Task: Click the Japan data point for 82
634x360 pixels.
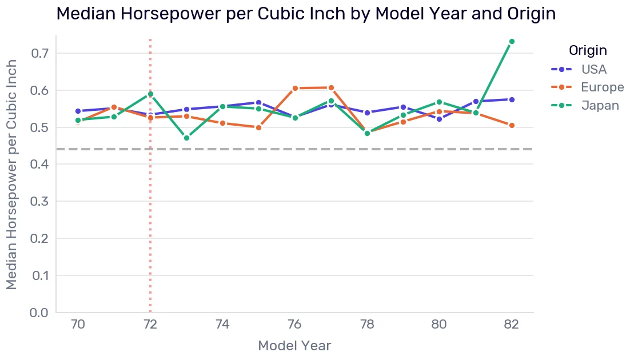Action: click(512, 42)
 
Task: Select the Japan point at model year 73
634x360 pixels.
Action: click(186, 138)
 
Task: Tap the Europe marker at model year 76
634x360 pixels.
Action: click(295, 88)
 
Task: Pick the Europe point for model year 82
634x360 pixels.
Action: click(512, 125)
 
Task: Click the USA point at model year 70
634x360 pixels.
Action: click(78, 111)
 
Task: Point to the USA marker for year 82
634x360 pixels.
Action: click(512, 99)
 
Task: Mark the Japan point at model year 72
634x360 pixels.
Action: click(150, 94)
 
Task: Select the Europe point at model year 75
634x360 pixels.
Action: click(259, 127)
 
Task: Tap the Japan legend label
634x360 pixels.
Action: click(600, 106)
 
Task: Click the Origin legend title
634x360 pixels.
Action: click(588, 50)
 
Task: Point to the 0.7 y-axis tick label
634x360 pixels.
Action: click(39, 53)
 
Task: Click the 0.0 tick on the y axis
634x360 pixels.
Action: click(39, 313)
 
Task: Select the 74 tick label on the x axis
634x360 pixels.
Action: click(222, 324)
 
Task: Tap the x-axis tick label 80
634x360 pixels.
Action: click(439, 324)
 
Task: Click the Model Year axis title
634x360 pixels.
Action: click(294, 346)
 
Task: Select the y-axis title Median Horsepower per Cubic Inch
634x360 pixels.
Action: click(11, 174)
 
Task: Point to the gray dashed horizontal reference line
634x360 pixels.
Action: click(295, 149)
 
